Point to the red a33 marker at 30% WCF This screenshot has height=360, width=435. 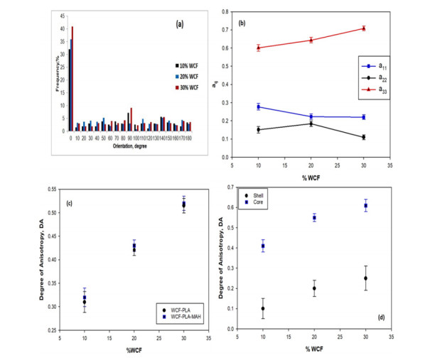coord(363,28)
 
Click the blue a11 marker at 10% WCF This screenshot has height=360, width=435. coord(278,107)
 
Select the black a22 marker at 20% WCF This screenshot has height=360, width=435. coord(321,124)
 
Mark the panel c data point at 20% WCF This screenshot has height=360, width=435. coord(134,248)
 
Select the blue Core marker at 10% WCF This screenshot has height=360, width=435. coord(282,246)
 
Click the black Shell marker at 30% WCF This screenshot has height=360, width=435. coord(365,278)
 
